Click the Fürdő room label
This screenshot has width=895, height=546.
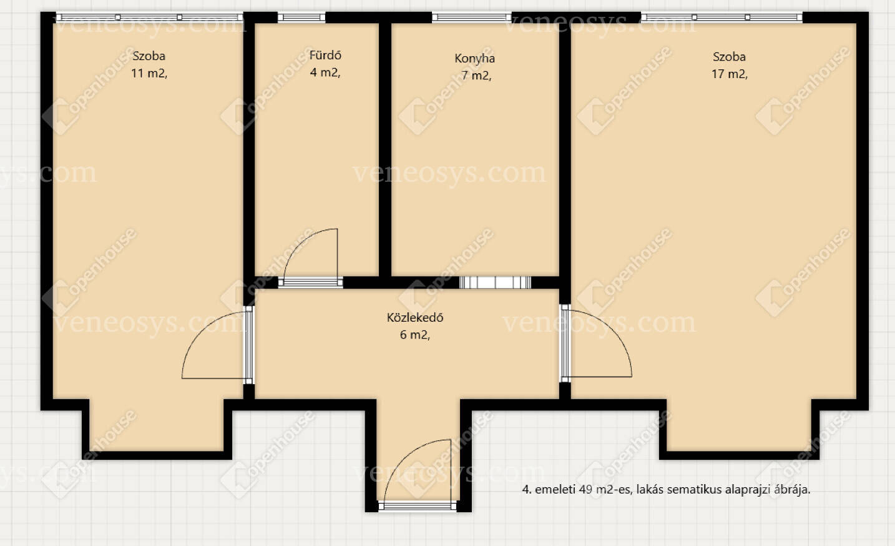point(325,55)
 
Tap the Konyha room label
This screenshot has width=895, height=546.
point(475,58)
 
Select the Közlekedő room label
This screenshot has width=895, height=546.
point(415,317)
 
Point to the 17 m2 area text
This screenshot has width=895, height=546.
point(729,74)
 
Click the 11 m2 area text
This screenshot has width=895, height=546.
point(149,73)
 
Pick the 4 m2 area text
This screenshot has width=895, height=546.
point(325,72)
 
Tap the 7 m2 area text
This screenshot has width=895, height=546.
point(476,76)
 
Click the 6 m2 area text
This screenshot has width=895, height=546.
point(415,335)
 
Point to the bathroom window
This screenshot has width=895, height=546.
point(301,17)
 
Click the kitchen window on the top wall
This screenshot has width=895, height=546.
point(472,17)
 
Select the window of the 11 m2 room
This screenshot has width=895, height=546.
point(149,17)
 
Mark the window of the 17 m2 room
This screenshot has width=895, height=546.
point(721,17)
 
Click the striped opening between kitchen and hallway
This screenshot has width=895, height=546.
point(495,282)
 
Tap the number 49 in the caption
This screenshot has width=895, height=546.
point(585,489)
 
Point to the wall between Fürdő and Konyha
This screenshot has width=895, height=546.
point(384,150)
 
